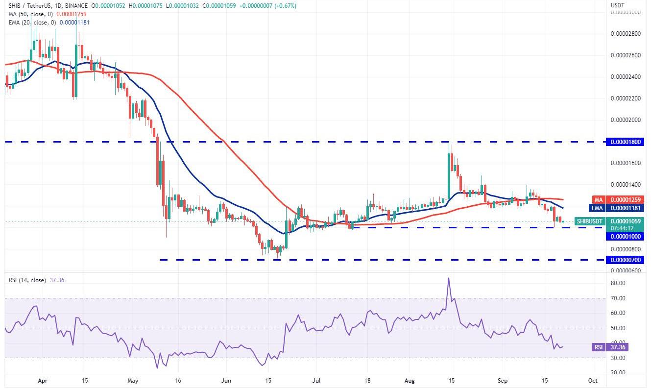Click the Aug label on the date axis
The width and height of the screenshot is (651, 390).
tap(410, 380)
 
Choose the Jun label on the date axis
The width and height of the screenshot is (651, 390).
tap(226, 380)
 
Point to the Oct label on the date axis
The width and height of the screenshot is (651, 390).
tap(592, 380)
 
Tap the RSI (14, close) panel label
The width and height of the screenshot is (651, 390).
tap(27, 280)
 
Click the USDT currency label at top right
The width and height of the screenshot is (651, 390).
tap(617, 5)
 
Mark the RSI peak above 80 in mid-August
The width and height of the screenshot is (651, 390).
tap(448, 278)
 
